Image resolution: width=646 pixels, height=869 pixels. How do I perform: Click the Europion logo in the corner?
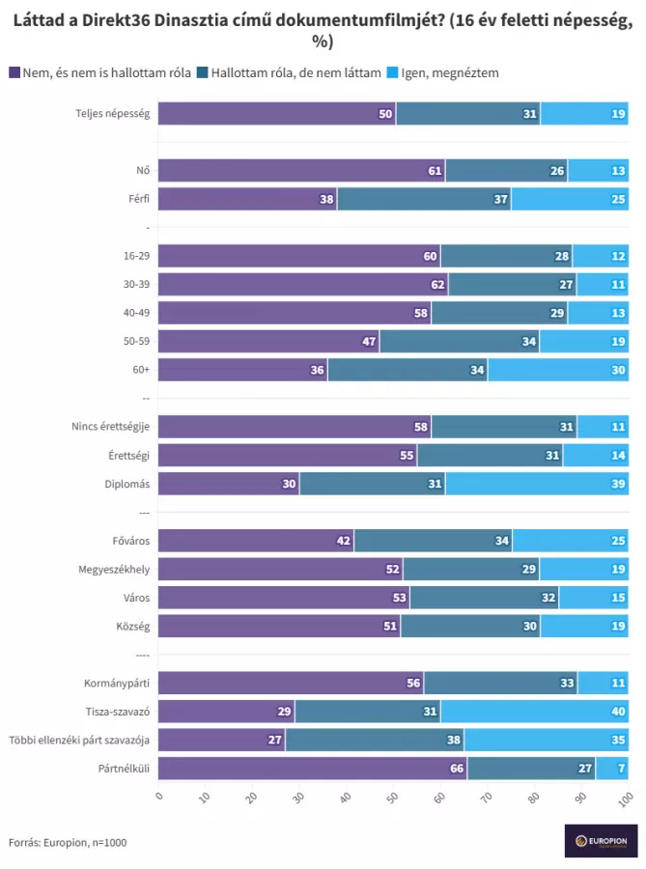tap(601, 840)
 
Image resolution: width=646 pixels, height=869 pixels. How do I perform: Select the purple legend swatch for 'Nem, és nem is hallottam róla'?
tap(14, 72)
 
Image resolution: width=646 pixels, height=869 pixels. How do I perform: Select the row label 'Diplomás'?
tap(127, 484)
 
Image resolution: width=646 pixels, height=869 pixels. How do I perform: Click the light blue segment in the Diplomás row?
tap(536, 484)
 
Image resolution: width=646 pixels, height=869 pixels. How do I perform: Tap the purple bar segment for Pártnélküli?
tap(312, 769)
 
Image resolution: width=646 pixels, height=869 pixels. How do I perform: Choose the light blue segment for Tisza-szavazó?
tap(534, 712)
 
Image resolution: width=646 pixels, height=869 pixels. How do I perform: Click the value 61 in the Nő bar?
tap(435, 172)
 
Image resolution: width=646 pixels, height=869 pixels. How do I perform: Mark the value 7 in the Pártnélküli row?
tap(620, 769)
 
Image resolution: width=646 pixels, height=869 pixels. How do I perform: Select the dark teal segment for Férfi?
tap(424, 200)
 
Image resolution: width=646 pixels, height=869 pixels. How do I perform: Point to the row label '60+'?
tap(140, 370)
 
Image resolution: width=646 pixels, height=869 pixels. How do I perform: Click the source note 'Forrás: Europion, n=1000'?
tap(68, 842)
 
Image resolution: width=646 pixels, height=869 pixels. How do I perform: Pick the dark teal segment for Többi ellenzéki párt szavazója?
tap(375, 741)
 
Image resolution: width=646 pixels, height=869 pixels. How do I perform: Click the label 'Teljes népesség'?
tap(113, 114)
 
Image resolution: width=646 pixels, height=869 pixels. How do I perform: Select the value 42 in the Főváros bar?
tap(344, 541)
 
